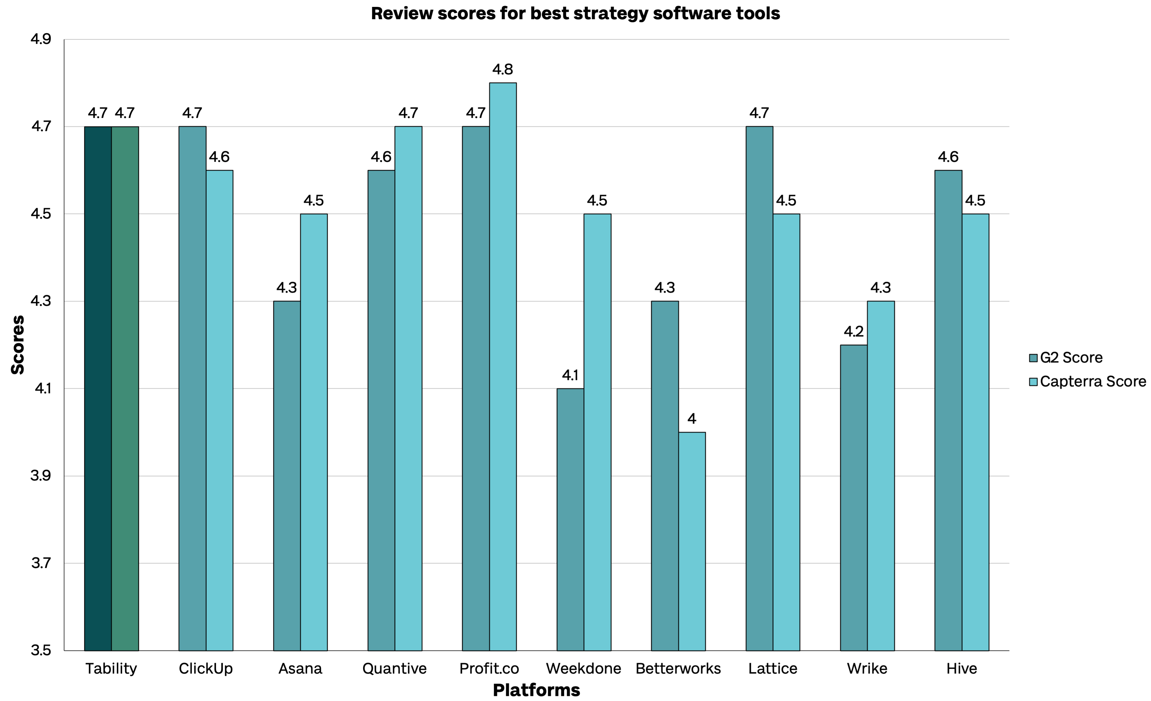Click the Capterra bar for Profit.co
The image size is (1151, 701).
503,367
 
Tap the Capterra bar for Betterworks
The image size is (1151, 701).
692,541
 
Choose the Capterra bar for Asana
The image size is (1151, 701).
314,432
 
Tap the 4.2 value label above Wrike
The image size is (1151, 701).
853,331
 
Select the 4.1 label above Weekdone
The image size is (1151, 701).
570,375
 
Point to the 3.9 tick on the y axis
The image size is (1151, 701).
41,476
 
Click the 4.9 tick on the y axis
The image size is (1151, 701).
41,39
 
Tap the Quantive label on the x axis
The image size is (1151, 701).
395,668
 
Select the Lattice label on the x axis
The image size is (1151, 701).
773,668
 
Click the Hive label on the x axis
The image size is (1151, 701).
961,668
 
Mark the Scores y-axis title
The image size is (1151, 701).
18,345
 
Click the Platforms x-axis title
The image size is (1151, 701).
536,690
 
